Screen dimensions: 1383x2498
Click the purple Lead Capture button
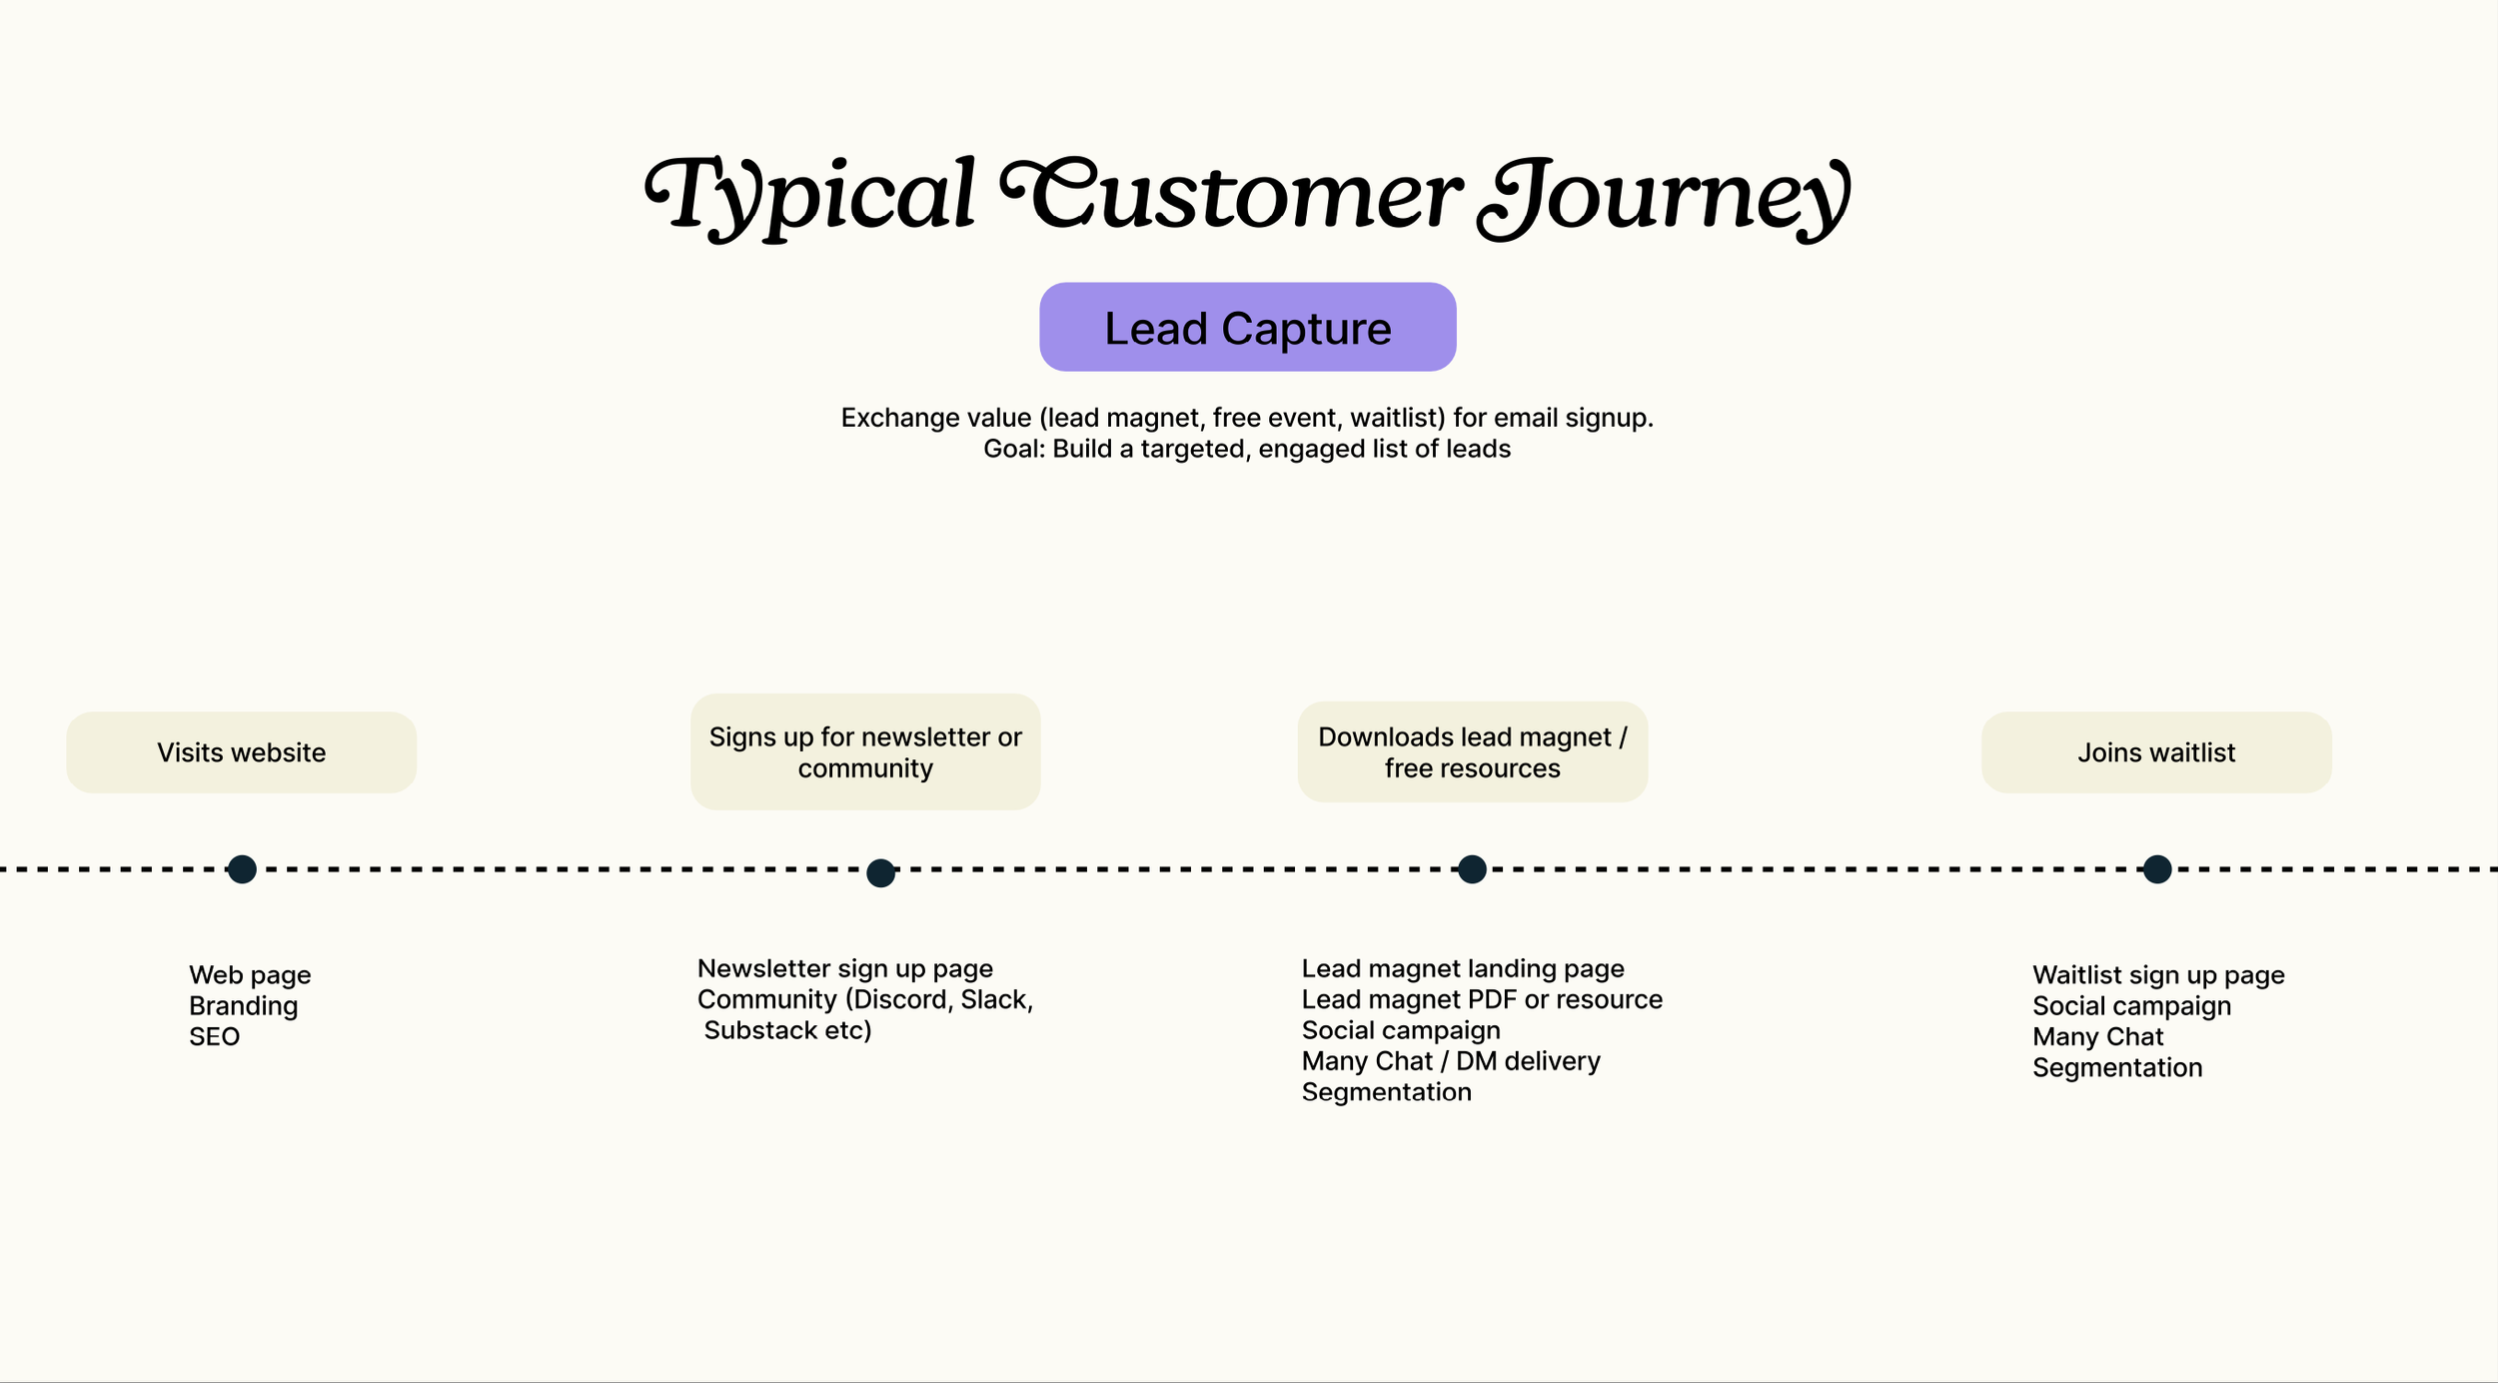(1247, 328)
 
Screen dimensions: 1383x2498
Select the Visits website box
(241, 752)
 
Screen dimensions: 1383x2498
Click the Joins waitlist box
(2156, 752)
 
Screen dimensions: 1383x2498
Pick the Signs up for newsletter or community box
(865, 752)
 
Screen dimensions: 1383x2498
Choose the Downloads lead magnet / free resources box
(1472, 752)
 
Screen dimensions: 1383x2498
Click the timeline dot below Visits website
(242, 869)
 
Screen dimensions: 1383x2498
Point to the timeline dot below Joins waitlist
(2157, 869)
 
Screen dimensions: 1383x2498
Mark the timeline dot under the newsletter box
(880, 872)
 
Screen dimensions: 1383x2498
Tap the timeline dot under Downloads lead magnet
(1472, 869)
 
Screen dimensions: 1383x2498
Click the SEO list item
(215, 1036)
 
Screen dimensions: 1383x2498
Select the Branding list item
(243, 1005)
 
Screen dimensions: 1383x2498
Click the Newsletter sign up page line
(844, 968)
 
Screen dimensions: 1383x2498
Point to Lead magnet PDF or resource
(1481, 999)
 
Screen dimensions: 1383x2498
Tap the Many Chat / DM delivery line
(1450, 1061)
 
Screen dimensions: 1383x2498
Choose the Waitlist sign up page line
(2158, 974)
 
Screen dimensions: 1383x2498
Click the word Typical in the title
(809, 196)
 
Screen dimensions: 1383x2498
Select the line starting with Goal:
(1246, 449)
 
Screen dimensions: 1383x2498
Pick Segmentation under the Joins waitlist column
(2116, 1067)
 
